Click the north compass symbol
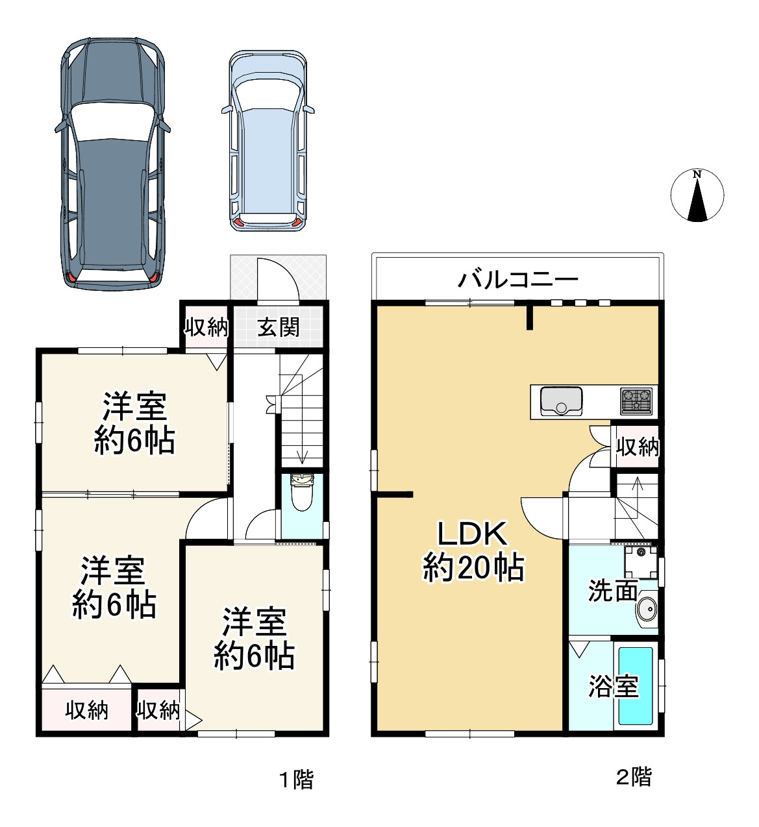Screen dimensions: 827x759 pos(697,195)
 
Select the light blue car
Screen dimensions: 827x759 pos(267,140)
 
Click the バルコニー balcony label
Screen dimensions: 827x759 pos(517,280)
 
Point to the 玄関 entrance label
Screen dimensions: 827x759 pos(279,327)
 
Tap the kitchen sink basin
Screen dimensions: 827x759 pos(561,401)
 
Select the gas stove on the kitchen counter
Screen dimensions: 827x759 pos(636,401)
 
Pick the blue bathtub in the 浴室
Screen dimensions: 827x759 pos(636,686)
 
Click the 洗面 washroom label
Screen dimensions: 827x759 pos(612,591)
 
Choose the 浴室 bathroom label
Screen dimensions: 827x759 pos(613,686)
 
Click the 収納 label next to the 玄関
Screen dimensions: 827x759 pos(206,327)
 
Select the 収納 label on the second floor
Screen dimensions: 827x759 pos(637,447)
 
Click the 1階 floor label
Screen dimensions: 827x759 pos(296,779)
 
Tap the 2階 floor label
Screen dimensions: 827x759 pos(633,777)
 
